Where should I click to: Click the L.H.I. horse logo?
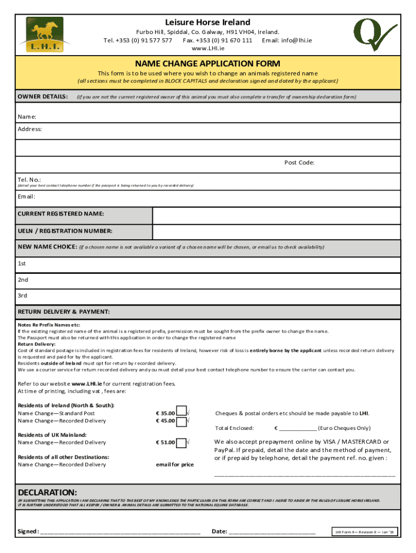(x=41, y=35)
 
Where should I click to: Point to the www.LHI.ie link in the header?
(x=207, y=49)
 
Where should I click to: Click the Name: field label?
(x=27, y=117)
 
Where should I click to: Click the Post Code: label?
(x=299, y=163)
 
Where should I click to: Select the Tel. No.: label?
(x=29, y=179)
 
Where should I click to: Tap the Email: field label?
(x=28, y=197)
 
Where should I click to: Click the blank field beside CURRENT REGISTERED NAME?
(x=277, y=214)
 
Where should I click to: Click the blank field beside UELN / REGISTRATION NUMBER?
(x=277, y=231)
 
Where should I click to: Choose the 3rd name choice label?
(x=23, y=295)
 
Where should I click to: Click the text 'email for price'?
(x=175, y=464)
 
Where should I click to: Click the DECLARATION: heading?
(x=48, y=493)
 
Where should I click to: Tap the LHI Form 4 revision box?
(x=365, y=532)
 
